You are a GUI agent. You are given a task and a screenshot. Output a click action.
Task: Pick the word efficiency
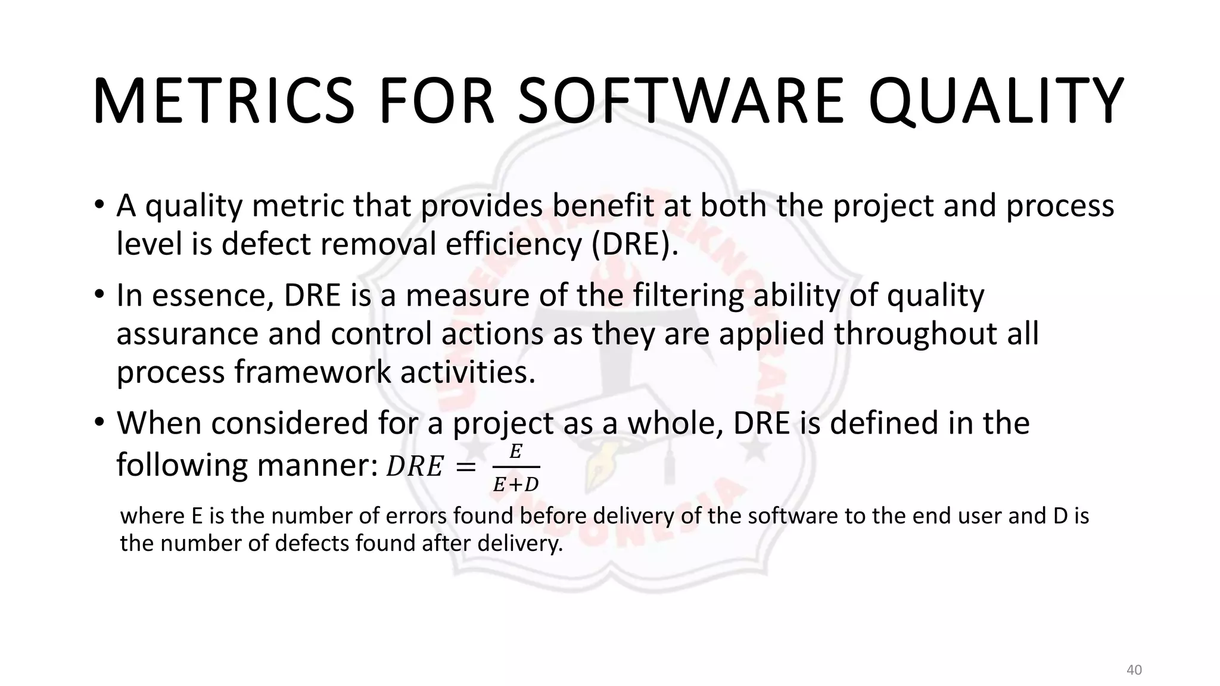[x=513, y=244]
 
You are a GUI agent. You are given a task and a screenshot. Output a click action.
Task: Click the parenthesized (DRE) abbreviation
[x=634, y=244]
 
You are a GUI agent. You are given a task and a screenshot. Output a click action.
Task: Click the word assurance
[x=187, y=333]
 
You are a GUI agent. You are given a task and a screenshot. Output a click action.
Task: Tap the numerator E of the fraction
[x=516, y=452]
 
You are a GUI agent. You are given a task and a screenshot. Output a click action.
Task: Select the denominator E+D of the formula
[x=516, y=485]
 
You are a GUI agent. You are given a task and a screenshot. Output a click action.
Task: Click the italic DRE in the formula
[x=415, y=466]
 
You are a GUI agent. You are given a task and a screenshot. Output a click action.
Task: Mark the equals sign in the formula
[x=465, y=467]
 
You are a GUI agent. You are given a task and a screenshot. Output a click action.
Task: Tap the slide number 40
[x=1134, y=670]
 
